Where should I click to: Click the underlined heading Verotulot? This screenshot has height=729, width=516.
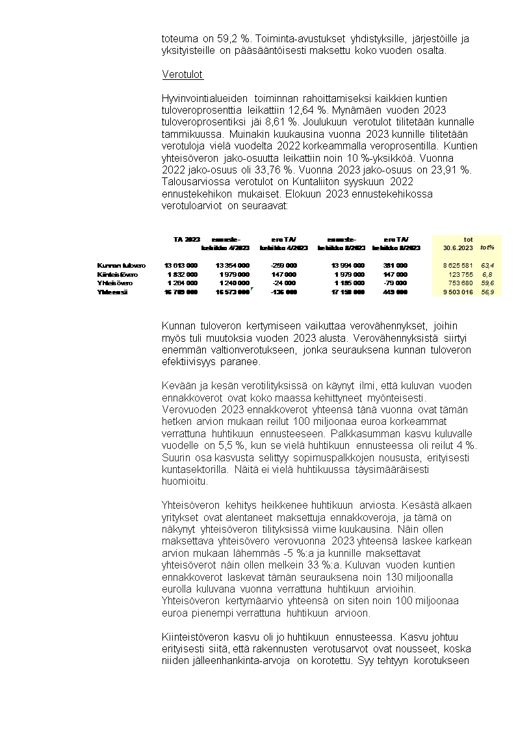point(183,75)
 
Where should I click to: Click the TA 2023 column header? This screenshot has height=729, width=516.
point(187,239)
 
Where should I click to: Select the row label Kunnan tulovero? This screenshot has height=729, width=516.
point(121,265)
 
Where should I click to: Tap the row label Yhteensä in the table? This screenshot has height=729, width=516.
point(112,292)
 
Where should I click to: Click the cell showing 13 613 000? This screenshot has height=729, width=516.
point(181,265)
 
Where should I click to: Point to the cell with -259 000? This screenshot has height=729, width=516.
point(283,265)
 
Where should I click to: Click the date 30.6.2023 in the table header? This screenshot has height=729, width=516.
point(456,248)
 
